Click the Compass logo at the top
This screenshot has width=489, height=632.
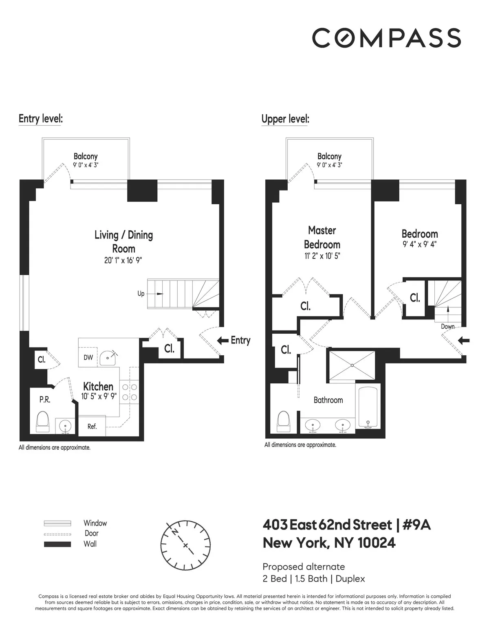(x=386, y=37)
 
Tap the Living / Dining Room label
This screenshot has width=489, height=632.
(x=123, y=241)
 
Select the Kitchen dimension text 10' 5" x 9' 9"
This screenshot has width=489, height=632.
(x=99, y=396)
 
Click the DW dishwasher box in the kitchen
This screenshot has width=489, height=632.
(x=88, y=358)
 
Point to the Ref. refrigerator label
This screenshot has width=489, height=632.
(x=92, y=426)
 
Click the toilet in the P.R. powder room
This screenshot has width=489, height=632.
(x=42, y=421)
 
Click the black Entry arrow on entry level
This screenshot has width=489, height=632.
(x=222, y=341)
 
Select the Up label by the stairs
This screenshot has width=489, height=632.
(x=141, y=293)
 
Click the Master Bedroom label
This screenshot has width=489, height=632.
(x=322, y=237)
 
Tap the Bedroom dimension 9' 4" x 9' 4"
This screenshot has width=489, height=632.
(x=420, y=245)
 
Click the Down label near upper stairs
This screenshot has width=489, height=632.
(x=447, y=326)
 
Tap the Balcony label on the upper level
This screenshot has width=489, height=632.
(x=329, y=156)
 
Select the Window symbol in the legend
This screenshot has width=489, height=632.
(x=57, y=523)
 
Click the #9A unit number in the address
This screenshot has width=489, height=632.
(x=416, y=525)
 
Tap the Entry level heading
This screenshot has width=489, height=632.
(x=40, y=119)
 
